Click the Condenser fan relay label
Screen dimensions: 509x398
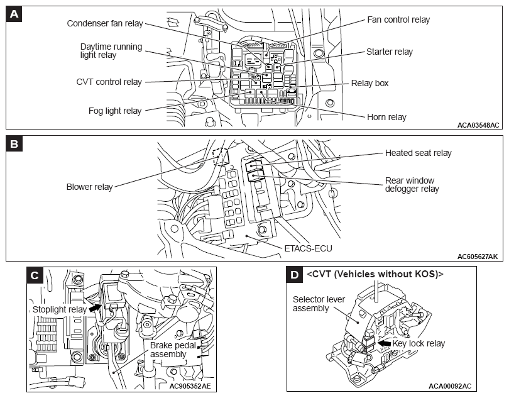click(x=105, y=23)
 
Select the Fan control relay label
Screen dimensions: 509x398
click(x=398, y=20)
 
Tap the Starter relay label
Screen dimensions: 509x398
click(x=390, y=52)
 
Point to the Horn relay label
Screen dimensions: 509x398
click(x=386, y=117)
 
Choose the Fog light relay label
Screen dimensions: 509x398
click(x=115, y=111)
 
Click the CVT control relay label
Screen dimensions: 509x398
click(x=109, y=82)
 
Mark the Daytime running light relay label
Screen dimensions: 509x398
click(x=111, y=51)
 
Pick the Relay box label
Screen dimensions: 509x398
click(x=369, y=83)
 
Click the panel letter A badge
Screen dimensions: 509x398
click(x=14, y=14)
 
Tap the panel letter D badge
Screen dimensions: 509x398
click(x=295, y=275)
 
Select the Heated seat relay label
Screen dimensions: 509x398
click(x=418, y=153)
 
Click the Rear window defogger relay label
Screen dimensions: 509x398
click(x=412, y=185)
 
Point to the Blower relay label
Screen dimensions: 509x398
click(x=90, y=187)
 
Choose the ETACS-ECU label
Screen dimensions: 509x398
click(x=308, y=248)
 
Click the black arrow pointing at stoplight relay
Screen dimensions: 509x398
click(x=95, y=307)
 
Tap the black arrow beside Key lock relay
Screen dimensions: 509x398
click(x=385, y=343)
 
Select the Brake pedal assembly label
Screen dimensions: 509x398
click(x=173, y=350)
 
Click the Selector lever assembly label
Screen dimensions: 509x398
click(x=319, y=304)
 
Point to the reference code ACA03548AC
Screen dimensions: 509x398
click(x=478, y=125)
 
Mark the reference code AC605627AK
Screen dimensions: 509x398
click(x=478, y=257)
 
